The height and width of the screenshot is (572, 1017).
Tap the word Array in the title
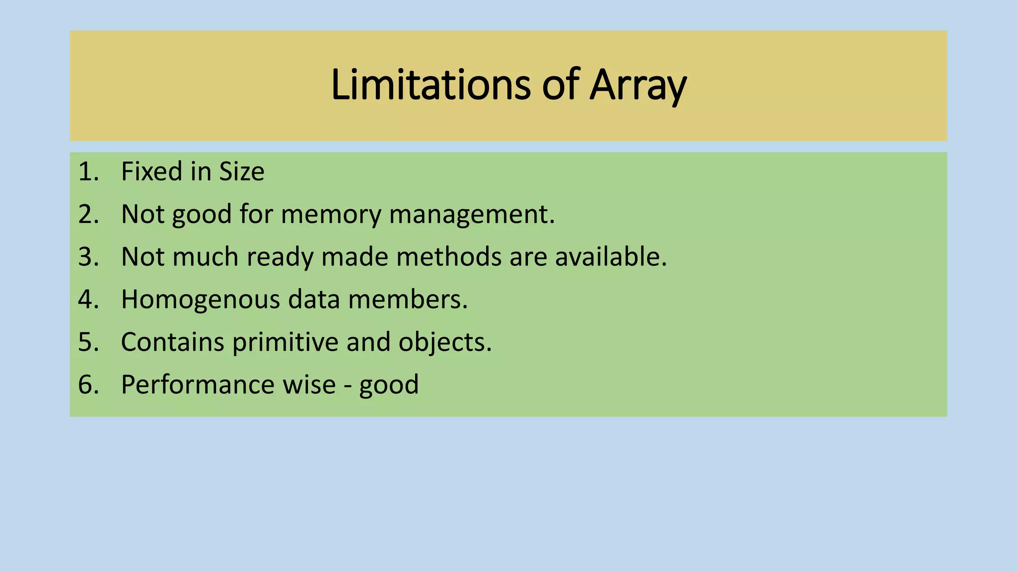click(x=638, y=85)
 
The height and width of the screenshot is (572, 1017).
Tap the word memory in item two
click(x=332, y=214)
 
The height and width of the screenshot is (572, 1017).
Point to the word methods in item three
click(x=449, y=257)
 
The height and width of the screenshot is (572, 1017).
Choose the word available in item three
click(x=611, y=257)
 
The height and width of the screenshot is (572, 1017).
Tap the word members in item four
click(x=408, y=300)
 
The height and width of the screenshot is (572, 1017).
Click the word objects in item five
click(x=445, y=343)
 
